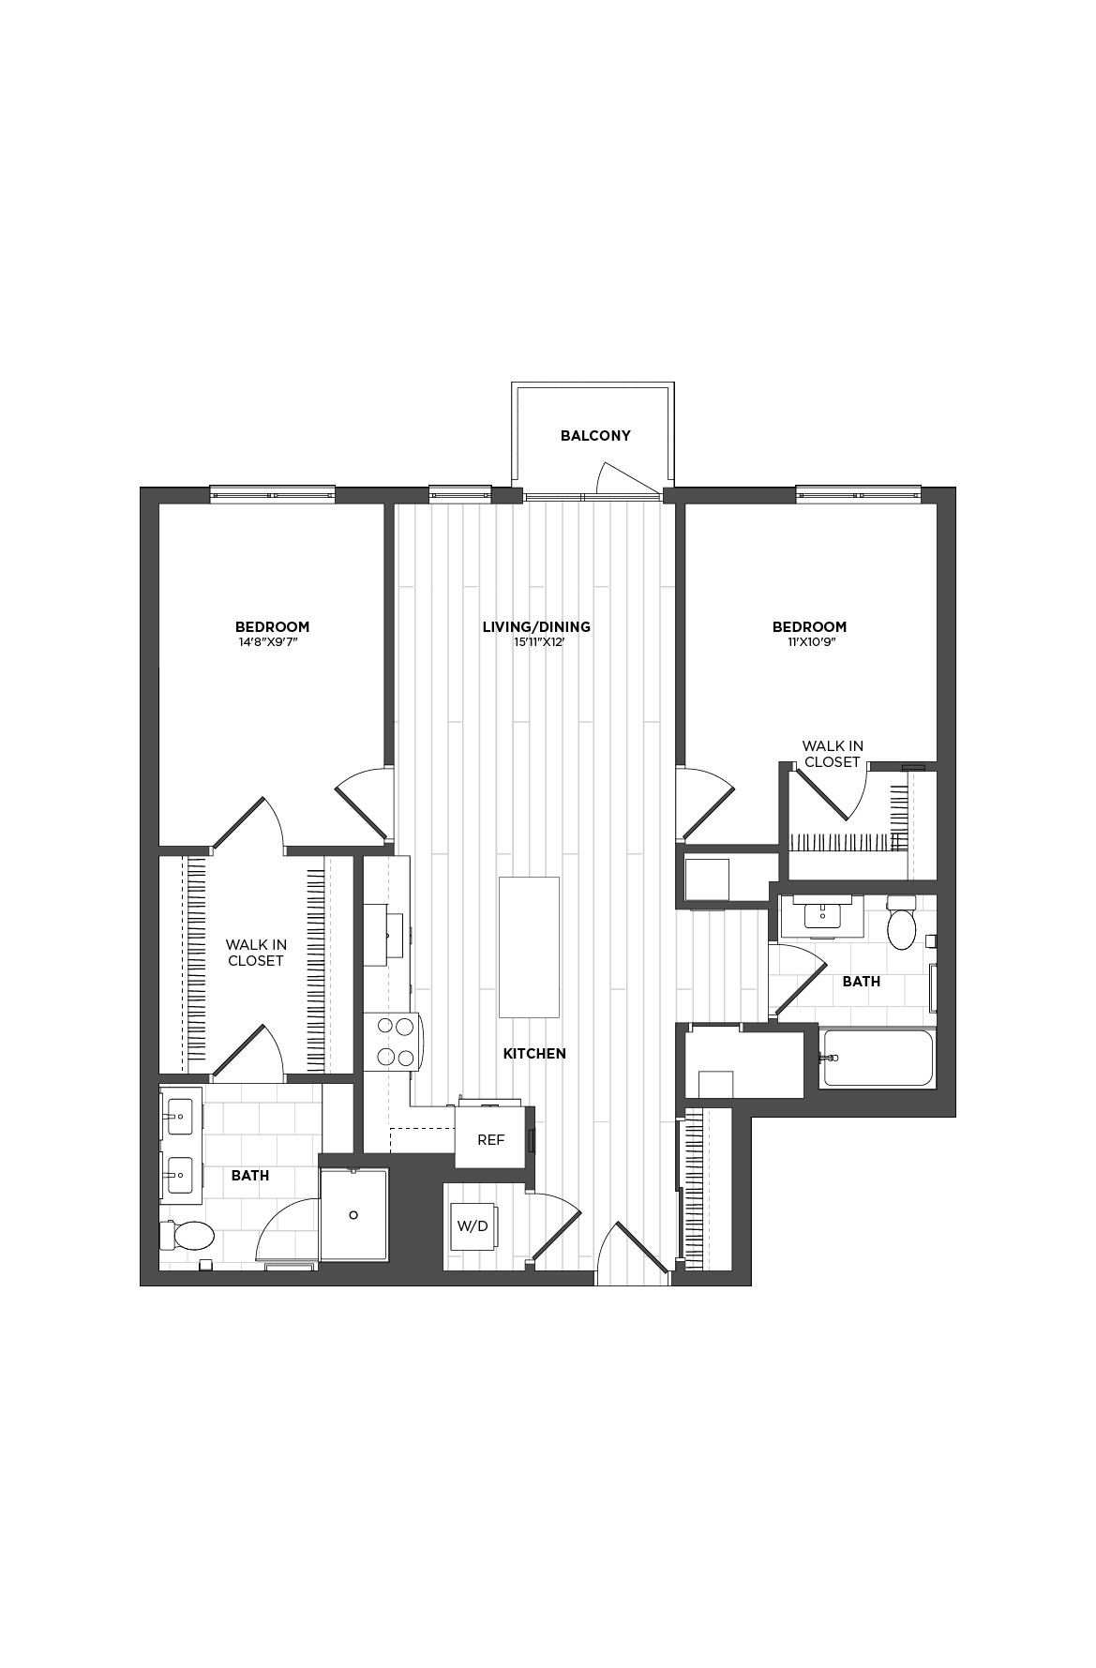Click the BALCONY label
pos(595,436)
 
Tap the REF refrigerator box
pos(490,1139)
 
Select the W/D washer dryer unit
pos(472,1226)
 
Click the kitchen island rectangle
pos(530,947)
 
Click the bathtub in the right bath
pos(878,1059)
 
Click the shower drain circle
pos(353,1215)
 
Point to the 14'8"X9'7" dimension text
pos(272,643)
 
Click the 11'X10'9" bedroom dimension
pos(809,643)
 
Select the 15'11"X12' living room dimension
pos(536,643)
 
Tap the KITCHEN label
pos(534,1054)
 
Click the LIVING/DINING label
pos(536,626)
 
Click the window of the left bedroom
pos(272,493)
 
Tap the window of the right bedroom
pos(858,493)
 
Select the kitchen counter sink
pos(386,934)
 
